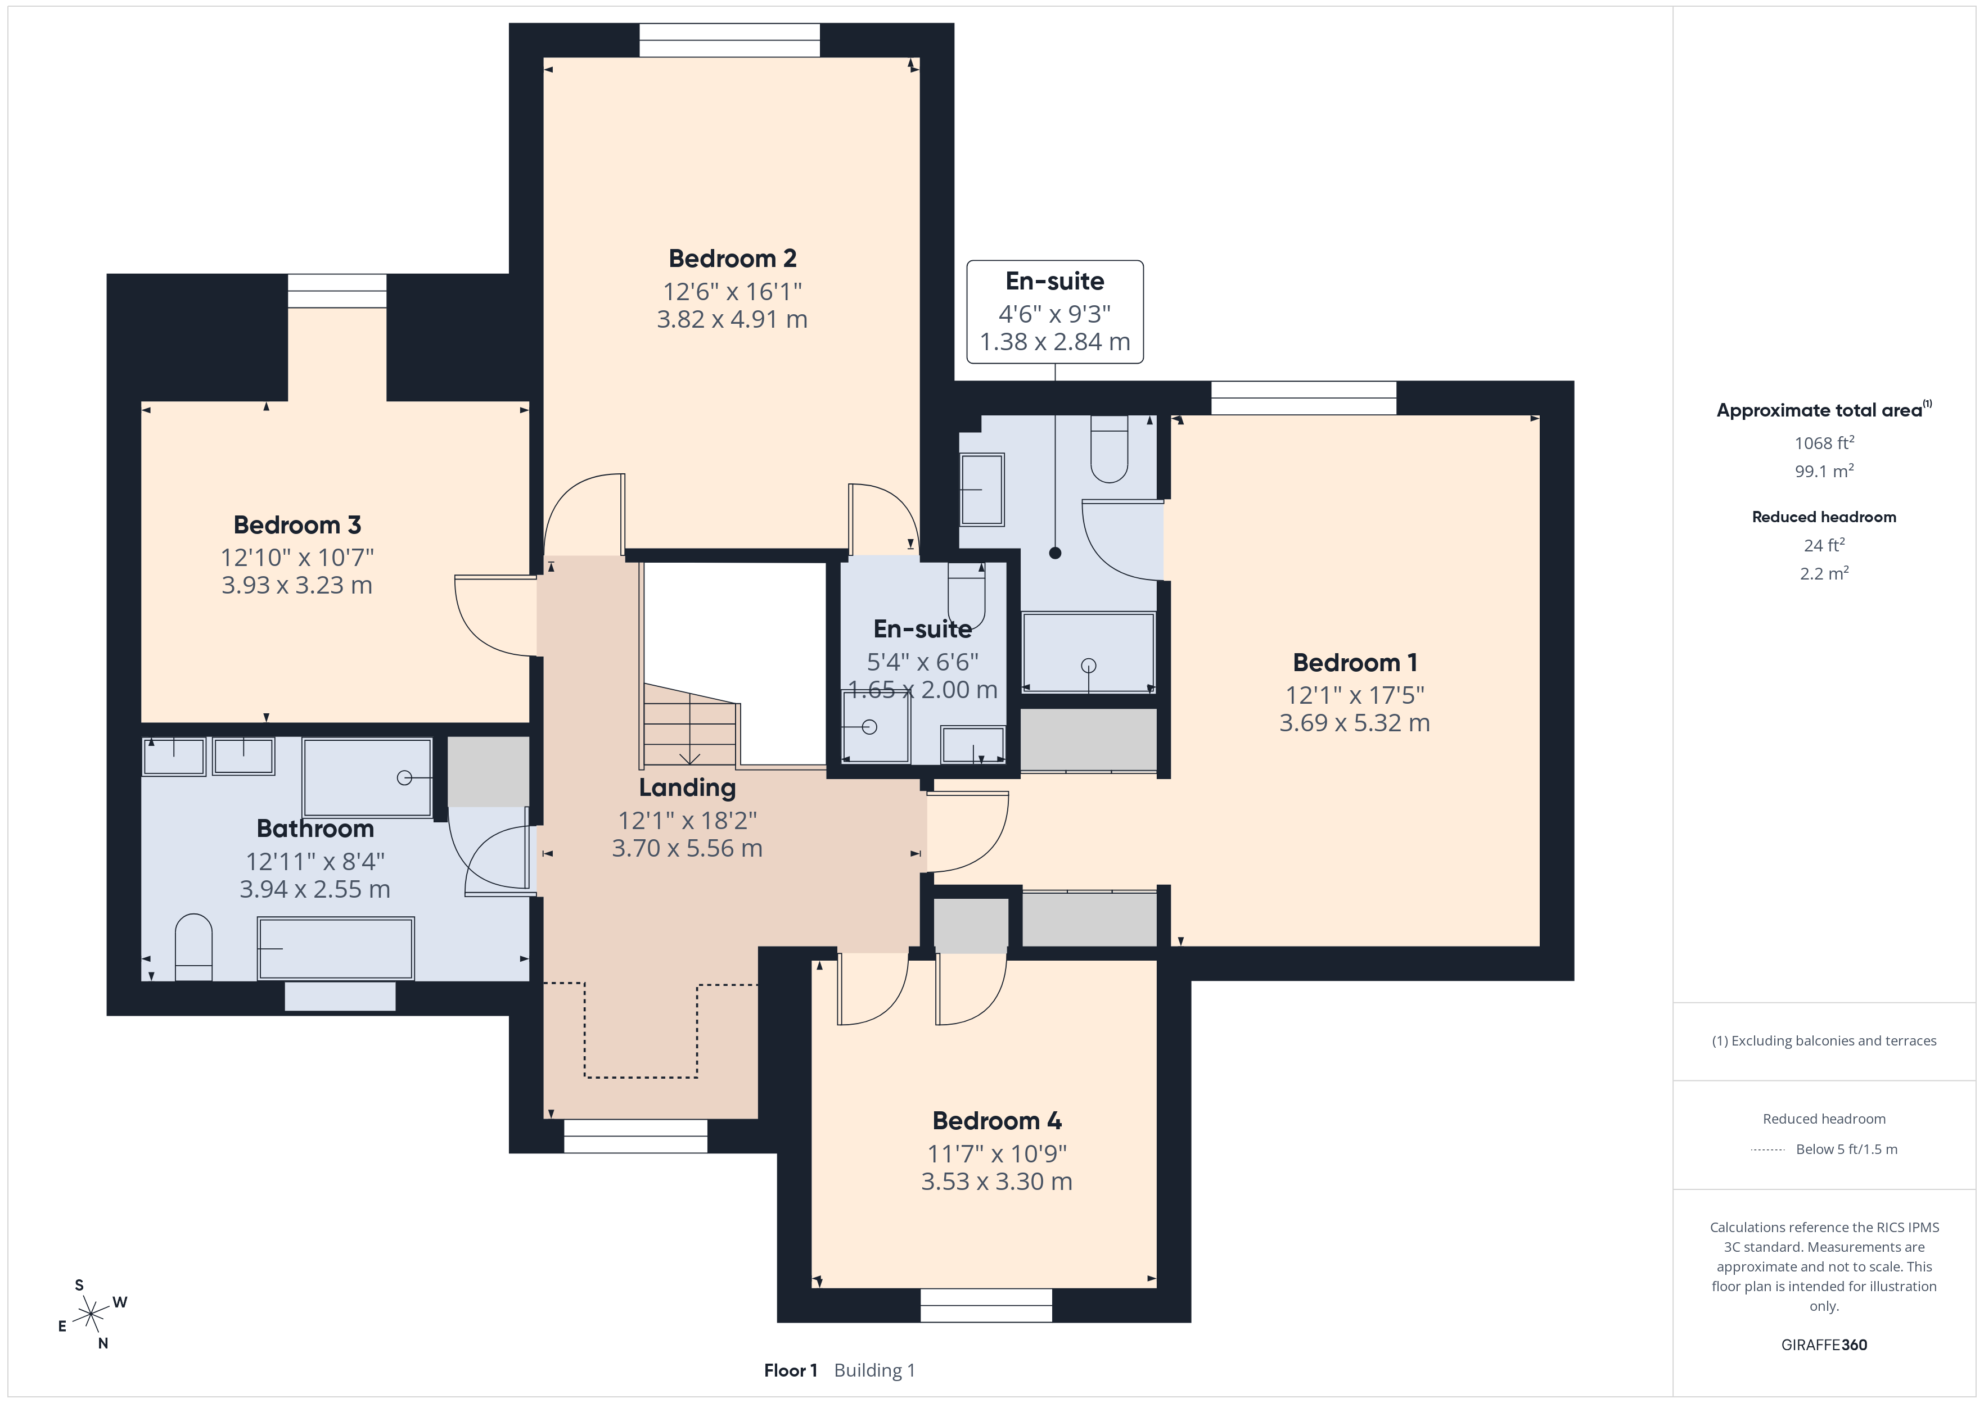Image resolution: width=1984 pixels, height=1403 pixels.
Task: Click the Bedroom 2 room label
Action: tap(732, 259)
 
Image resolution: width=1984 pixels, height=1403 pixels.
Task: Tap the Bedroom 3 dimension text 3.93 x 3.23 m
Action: tap(297, 585)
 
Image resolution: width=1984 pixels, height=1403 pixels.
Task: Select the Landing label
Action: tap(687, 788)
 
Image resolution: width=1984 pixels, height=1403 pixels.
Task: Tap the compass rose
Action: tap(91, 1315)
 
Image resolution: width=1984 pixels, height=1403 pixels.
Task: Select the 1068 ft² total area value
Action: tap(1824, 442)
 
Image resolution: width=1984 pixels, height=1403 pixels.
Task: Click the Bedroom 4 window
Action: tap(986, 1305)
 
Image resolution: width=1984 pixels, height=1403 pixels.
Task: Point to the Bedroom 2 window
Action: tap(729, 40)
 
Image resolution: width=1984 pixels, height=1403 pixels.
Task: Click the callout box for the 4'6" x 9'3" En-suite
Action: tap(1055, 312)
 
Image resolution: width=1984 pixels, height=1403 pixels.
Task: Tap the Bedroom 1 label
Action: tap(1355, 663)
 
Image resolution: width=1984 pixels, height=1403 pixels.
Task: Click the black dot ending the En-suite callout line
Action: tap(1055, 553)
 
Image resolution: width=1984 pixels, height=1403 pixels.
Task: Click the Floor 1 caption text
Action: tap(791, 1370)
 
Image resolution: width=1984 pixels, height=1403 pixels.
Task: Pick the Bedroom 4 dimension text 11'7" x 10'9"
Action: tap(997, 1153)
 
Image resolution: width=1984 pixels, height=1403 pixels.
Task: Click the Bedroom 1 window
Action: tap(1304, 399)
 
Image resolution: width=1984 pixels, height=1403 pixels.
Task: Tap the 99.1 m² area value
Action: tap(1824, 471)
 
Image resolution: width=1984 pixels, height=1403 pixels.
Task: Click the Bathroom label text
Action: tap(315, 829)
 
